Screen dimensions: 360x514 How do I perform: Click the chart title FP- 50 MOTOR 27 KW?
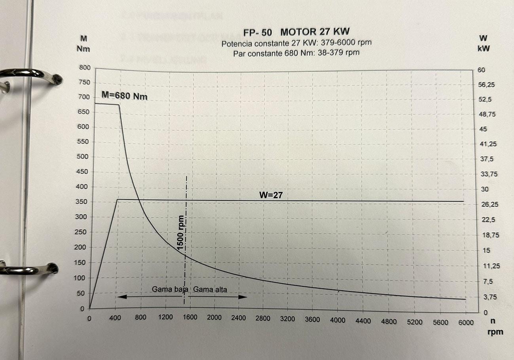point(297,32)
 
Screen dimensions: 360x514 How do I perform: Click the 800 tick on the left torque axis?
point(85,68)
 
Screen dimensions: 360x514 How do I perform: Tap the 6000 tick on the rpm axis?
point(466,322)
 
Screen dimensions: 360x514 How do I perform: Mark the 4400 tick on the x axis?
point(363,321)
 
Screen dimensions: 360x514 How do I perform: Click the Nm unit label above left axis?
point(84,50)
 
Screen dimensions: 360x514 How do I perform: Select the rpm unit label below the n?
point(495,332)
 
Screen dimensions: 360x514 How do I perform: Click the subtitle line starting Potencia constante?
point(296,43)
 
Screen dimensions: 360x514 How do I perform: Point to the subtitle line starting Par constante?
point(296,52)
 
